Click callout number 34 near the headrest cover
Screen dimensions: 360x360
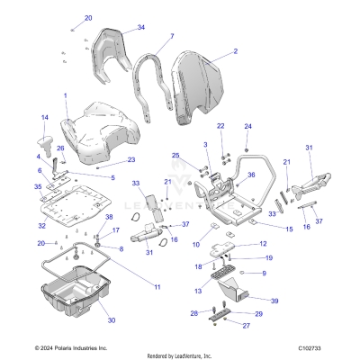point(141,28)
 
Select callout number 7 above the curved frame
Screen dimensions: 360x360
point(171,37)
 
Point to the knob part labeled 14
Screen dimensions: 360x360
point(42,144)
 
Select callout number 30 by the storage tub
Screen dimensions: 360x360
point(112,319)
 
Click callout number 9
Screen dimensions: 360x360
point(265,273)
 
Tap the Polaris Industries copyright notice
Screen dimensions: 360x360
point(58,346)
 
